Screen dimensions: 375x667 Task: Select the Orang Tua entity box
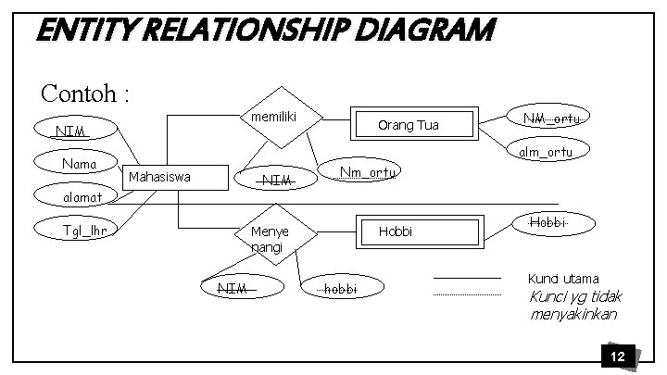pyautogui.click(x=414, y=125)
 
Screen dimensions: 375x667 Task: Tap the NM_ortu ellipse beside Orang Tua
pyautogui.click(x=551, y=119)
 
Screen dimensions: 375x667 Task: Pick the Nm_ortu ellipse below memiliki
pyautogui.click(x=368, y=171)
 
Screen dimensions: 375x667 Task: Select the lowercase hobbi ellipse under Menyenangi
pyautogui.click(x=336, y=289)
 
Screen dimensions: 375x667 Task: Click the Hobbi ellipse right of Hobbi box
pyautogui.click(x=547, y=223)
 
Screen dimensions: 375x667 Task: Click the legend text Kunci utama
pyautogui.click(x=563, y=279)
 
